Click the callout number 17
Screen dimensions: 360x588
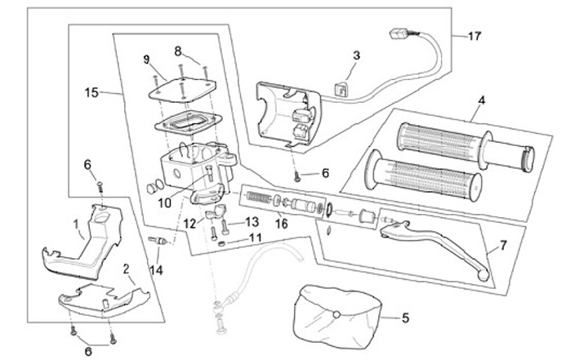(474, 37)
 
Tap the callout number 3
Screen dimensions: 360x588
(356, 56)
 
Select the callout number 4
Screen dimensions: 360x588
(481, 101)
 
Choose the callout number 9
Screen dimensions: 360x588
(147, 59)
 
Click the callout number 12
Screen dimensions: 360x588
(189, 223)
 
